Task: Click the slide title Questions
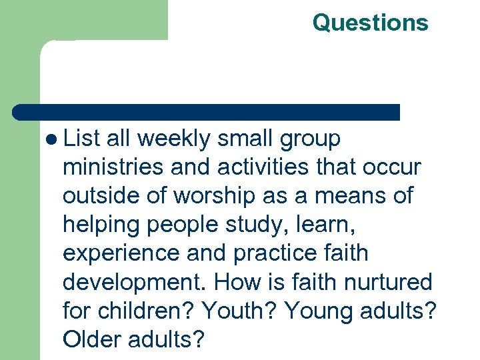coord(370,23)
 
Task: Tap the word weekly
coord(173,139)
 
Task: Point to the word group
coord(310,140)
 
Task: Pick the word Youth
coord(237,311)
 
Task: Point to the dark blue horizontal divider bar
coord(207,112)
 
